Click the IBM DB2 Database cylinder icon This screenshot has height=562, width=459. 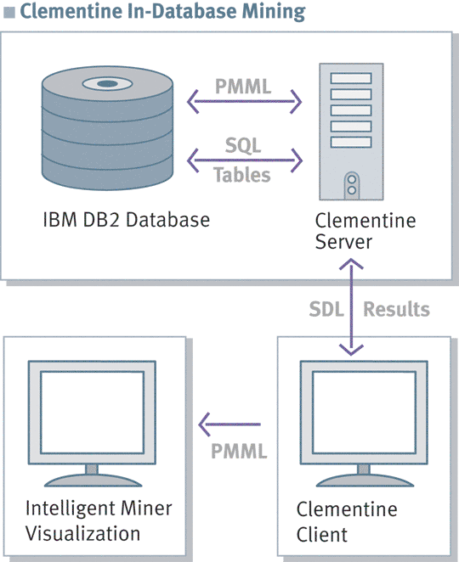click(107, 128)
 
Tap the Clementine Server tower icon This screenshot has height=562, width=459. click(351, 132)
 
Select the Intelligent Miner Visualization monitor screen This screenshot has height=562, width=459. click(93, 413)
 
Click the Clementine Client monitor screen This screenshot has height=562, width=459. click(364, 413)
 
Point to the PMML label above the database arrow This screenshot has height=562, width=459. click(243, 87)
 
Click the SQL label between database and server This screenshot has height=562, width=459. click(243, 145)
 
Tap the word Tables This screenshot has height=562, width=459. click(242, 175)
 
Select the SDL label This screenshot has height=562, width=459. click(326, 309)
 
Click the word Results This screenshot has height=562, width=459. click(396, 309)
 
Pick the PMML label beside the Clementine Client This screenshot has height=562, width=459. click(239, 451)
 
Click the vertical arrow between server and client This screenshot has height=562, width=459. click(351, 306)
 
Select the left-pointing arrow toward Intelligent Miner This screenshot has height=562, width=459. click(229, 424)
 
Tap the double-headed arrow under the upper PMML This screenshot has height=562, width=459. click(245, 101)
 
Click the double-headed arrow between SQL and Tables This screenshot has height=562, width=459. click(245, 160)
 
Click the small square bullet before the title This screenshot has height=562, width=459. click(9, 12)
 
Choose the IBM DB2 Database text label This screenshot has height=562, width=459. click(127, 219)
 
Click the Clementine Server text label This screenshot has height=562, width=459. click(365, 231)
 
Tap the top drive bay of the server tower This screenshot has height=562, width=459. click(351, 78)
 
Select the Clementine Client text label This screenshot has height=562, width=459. click(347, 522)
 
